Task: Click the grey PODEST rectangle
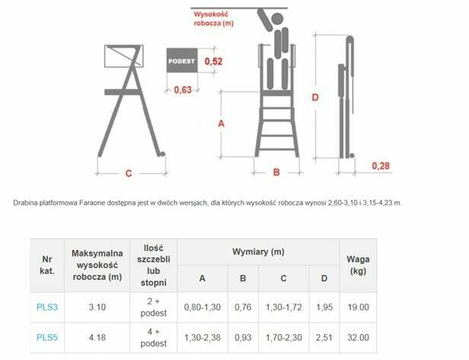pos(182,60)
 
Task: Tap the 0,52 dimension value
pos(213,62)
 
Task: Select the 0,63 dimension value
pos(183,89)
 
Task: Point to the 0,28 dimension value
pos(381,166)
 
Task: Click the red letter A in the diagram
pos(221,123)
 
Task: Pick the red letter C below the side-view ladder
pos(129,174)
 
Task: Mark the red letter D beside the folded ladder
pos(315,97)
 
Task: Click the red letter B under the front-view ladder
pos(276,172)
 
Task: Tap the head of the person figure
pos(277,19)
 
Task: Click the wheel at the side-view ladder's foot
pos(162,155)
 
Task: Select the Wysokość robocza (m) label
pos(213,18)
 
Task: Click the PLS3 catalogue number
pos(47,307)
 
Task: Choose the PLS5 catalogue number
pos(47,338)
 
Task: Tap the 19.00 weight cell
pos(358,307)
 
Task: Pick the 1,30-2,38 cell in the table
pos(203,338)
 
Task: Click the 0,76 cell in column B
pos(243,307)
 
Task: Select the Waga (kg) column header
pos(358,265)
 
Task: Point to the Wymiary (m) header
pos(258,252)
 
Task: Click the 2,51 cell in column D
pos(324,338)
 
